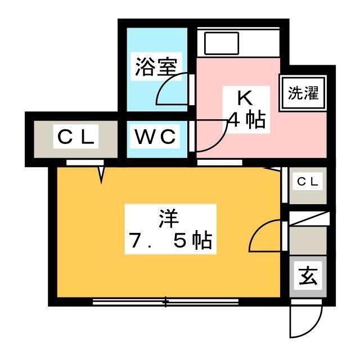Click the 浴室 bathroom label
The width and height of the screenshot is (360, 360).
(x=156, y=67)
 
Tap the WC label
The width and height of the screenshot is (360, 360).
(x=156, y=137)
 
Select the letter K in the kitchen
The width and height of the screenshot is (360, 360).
(x=245, y=98)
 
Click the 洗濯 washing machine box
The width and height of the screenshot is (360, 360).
(x=303, y=93)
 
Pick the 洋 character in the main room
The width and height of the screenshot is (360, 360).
(x=169, y=218)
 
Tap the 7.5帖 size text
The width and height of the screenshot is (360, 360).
(x=170, y=241)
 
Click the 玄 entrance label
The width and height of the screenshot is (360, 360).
(x=308, y=276)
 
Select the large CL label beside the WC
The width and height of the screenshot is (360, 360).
(x=76, y=137)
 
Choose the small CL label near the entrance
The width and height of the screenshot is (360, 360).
(x=308, y=182)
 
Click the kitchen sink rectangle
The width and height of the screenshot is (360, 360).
(x=222, y=43)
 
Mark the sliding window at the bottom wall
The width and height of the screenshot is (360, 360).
(x=165, y=301)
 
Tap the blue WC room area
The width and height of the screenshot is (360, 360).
(x=157, y=139)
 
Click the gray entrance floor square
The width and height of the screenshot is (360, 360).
(x=308, y=277)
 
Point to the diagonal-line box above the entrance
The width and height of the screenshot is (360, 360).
(x=309, y=219)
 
